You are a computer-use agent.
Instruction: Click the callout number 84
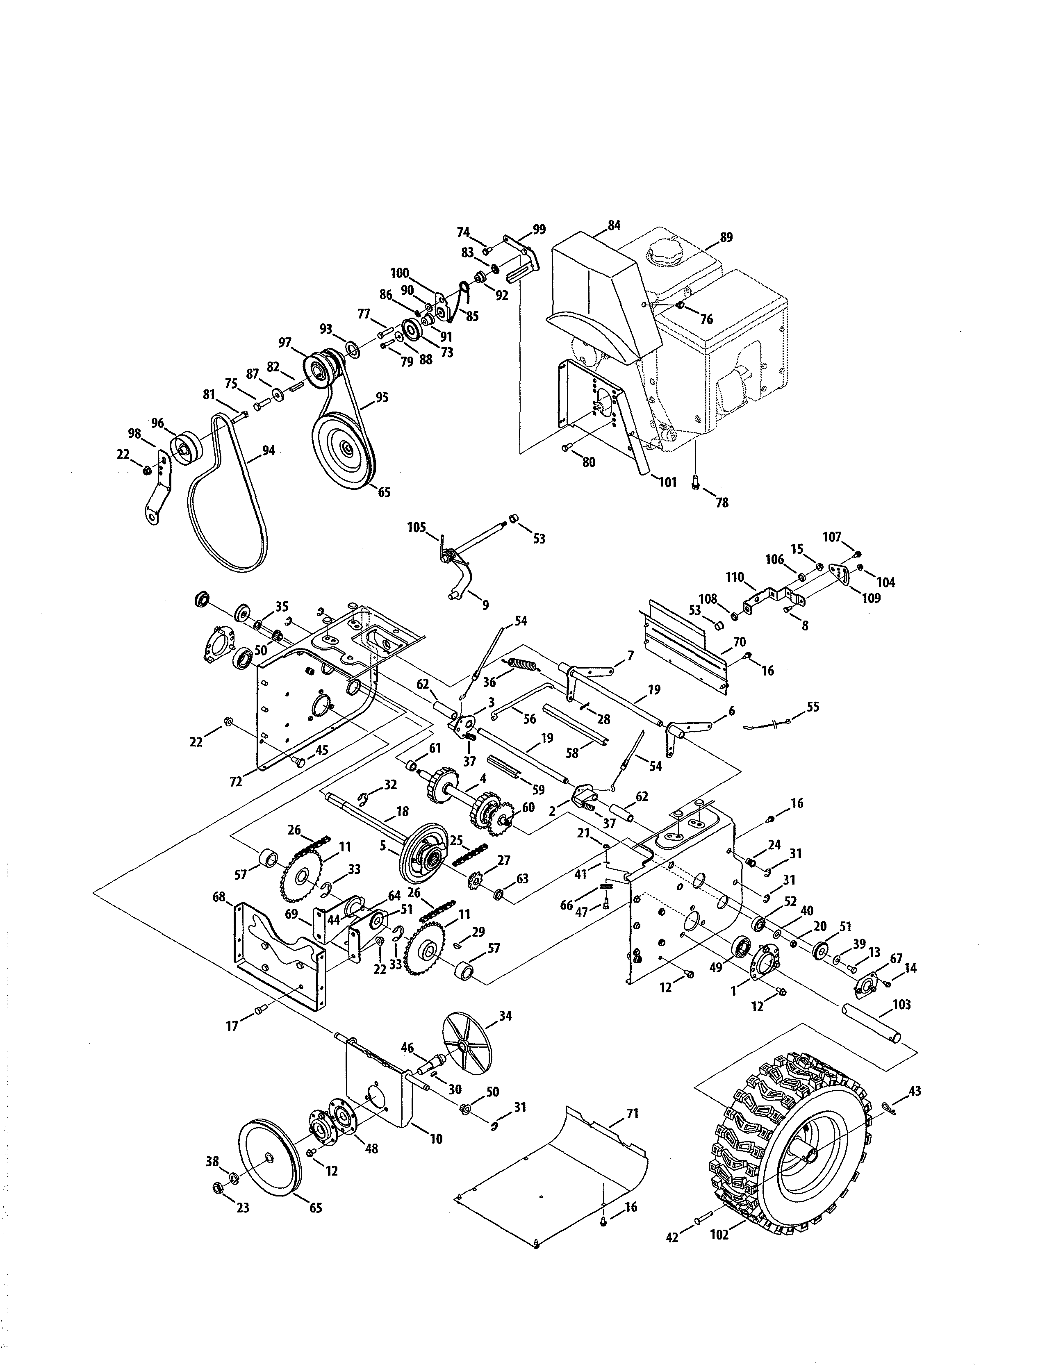point(614,225)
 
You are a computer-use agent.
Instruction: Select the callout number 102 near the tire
point(720,1235)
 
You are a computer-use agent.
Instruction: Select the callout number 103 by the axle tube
point(901,1005)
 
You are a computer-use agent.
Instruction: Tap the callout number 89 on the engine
point(726,237)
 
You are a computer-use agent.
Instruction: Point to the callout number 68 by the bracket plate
point(219,898)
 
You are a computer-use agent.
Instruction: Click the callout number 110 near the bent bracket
point(735,578)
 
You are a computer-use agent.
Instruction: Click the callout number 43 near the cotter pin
point(915,1091)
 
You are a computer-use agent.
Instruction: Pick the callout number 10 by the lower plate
point(436,1139)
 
